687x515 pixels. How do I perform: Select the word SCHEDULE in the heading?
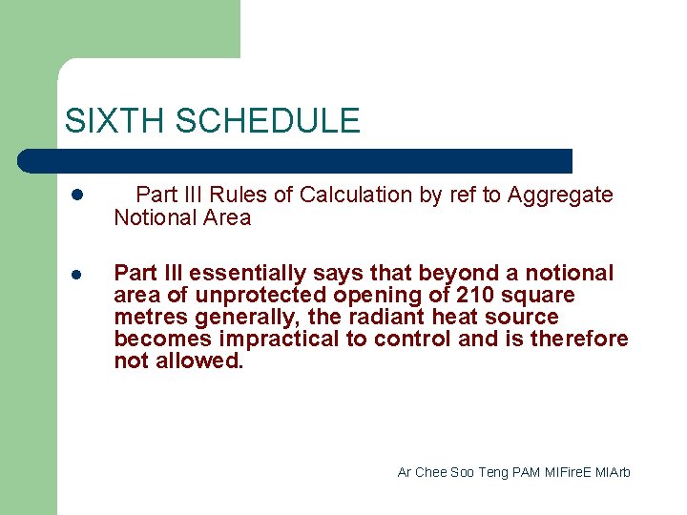tap(268, 121)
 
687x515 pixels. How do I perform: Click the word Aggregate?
tap(560, 196)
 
